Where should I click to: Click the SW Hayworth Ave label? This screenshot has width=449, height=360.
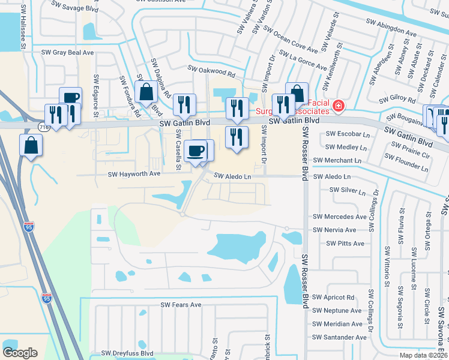click(x=134, y=174)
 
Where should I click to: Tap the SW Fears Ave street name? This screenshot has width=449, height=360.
click(x=181, y=305)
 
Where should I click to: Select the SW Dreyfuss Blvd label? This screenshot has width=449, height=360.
click(x=127, y=353)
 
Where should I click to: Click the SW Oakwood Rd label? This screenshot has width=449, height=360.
click(x=211, y=71)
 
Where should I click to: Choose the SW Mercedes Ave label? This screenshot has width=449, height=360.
click(x=339, y=217)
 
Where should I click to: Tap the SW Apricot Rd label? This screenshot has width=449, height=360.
click(x=333, y=298)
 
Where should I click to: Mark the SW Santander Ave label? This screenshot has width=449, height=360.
click(x=339, y=338)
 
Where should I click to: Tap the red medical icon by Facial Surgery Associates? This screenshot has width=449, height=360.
click(x=339, y=106)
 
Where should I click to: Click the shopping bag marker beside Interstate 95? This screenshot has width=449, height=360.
click(x=31, y=145)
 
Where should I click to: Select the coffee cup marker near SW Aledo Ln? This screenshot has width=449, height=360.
click(x=195, y=150)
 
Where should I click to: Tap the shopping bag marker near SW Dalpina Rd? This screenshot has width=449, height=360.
click(x=146, y=92)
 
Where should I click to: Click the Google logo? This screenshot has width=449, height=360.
click(x=20, y=353)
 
